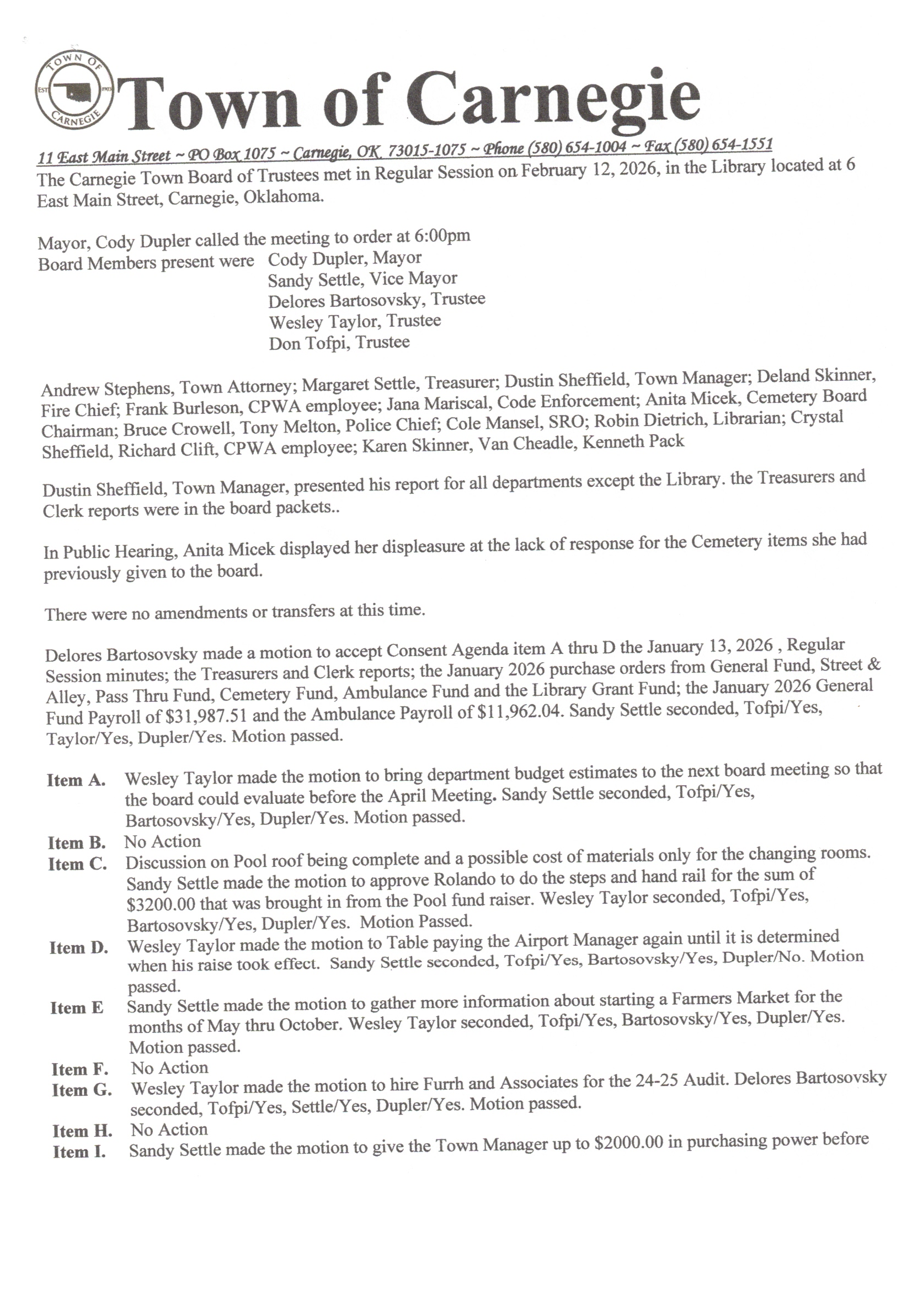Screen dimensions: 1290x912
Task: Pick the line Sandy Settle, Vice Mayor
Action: coord(362,279)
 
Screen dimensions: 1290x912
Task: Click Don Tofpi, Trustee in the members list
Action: coord(339,343)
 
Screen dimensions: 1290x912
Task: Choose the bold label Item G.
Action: coord(82,1091)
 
